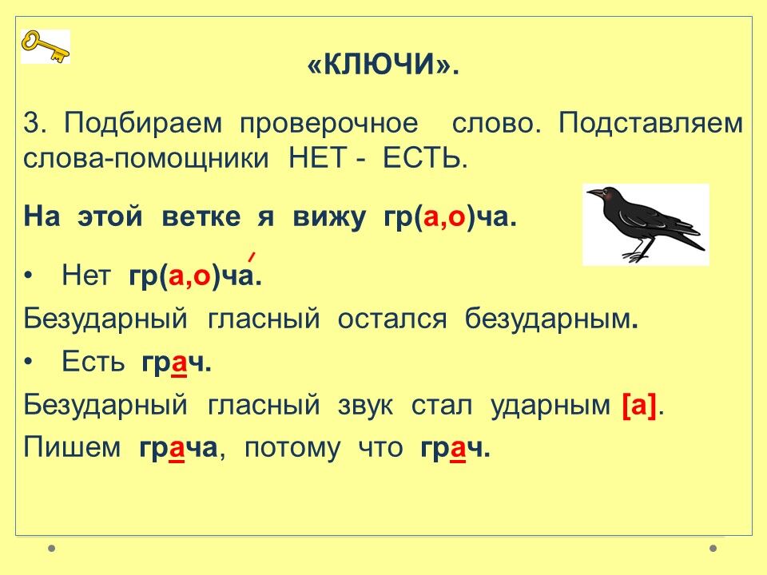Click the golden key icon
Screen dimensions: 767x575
click(45, 46)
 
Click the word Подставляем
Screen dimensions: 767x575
click(650, 123)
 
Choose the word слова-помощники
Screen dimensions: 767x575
click(145, 158)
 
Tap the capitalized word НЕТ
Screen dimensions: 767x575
click(318, 157)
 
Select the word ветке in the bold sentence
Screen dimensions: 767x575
click(201, 216)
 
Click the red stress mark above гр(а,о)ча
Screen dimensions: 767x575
click(252, 256)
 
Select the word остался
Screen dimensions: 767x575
click(392, 319)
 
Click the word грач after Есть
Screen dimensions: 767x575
click(177, 363)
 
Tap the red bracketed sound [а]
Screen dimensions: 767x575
click(639, 406)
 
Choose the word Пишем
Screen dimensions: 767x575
click(72, 447)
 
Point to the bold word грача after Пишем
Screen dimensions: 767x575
click(178, 448)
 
